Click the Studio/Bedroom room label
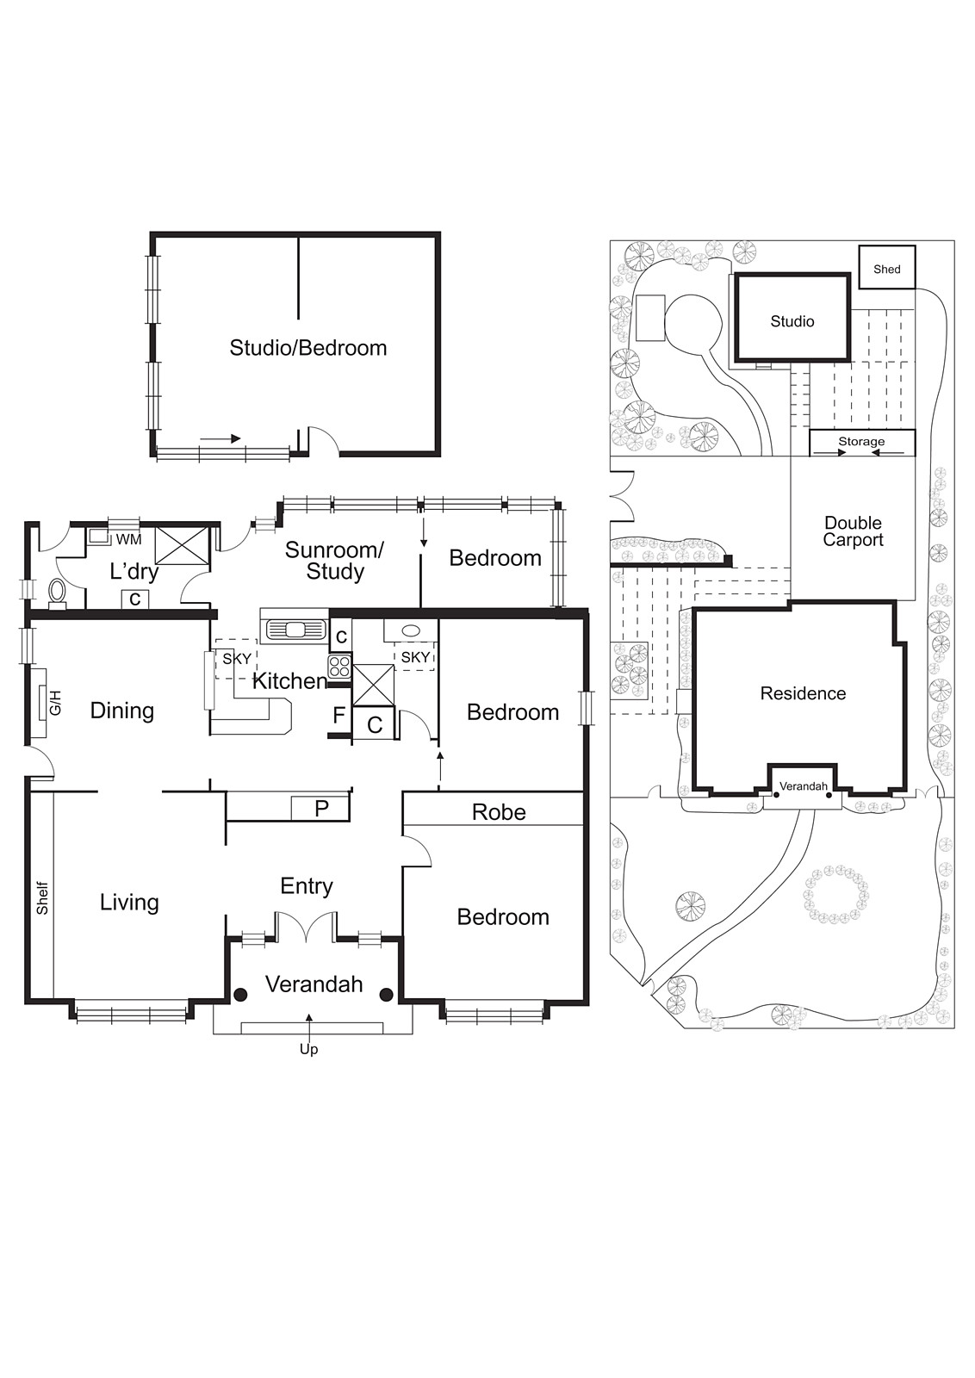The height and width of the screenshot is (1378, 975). click(x=307, y=348)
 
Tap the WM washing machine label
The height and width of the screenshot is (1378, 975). click(x=128, y=539)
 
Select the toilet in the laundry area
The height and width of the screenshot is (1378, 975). click(x=57, y=592)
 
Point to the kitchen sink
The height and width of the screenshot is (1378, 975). click(x=294, y=630)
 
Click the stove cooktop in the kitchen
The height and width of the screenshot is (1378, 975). click(x=339, y=667)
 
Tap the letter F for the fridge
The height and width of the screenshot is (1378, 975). click(x=338, y=715)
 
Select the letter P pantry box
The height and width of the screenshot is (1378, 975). click(x=321, y=809)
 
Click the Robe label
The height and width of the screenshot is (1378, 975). click(x=499, y=812)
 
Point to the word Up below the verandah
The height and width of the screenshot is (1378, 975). click(x=308, y=1049)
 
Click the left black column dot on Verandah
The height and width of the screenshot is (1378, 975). click(x=241, y=995)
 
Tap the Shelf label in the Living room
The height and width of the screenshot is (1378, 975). click(x=42, y=897)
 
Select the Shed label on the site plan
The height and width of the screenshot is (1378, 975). click(x=886, y=269)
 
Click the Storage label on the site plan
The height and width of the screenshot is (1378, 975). click(x=861, y=442)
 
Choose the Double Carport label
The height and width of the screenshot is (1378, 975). click(x=853, y=531)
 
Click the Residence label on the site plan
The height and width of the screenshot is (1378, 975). click(x=803, y=693)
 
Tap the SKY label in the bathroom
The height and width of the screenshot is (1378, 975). click(x=415, y=657)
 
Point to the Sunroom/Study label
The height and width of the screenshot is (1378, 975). click(x=334, y=561)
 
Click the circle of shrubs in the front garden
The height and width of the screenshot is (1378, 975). click(x=835, y=895)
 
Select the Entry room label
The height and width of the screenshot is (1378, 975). click(x=307, y=886)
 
